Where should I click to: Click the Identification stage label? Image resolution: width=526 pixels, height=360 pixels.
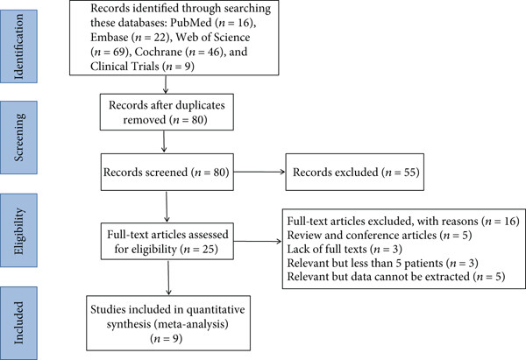pos(18,46)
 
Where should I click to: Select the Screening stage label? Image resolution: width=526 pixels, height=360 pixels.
pos(18,138)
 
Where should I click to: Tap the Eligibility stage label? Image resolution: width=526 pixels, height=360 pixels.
pos(18,230)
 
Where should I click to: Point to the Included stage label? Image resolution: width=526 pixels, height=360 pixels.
pos(18,323)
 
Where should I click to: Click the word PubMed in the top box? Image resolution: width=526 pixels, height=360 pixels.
pos(191,23)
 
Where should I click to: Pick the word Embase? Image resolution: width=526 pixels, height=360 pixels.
pos(110,37)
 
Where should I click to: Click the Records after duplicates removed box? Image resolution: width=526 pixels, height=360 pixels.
pos(167,112)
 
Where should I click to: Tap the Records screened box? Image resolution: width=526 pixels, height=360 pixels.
pos(167,172)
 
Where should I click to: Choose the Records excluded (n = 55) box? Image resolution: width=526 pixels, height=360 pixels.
pos(354,172)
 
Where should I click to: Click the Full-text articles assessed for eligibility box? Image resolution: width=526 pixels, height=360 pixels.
pos(167,242)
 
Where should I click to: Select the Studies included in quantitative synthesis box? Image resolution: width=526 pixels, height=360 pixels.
pos(168,323)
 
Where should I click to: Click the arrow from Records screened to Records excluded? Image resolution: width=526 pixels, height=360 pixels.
pos(259,172)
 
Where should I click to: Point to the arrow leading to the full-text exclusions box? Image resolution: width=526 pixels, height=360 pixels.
pos(258,242)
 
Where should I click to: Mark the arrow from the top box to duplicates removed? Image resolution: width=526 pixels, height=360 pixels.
pos(166,84)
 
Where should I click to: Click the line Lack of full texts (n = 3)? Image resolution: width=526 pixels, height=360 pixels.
pos(345,249)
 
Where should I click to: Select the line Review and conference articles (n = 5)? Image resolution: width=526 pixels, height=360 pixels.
pos(380,235)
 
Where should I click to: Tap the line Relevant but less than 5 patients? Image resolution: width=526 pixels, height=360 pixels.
pos(382,263)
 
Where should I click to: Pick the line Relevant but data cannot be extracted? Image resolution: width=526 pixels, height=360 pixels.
pos(396,277)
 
